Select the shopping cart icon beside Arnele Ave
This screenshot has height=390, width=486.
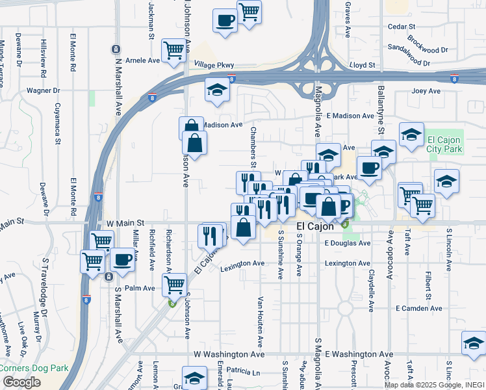174,50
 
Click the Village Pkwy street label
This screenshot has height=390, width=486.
214,65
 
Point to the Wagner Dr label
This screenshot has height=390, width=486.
43,90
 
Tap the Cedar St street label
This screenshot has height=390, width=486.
401,27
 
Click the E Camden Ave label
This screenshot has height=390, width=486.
418,308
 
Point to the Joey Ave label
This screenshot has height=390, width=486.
426,91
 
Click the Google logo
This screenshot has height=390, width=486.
21,382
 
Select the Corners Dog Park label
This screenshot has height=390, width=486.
34,368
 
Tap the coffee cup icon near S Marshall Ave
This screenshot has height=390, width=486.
122,259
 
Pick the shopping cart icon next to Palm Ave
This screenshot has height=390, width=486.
174,284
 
